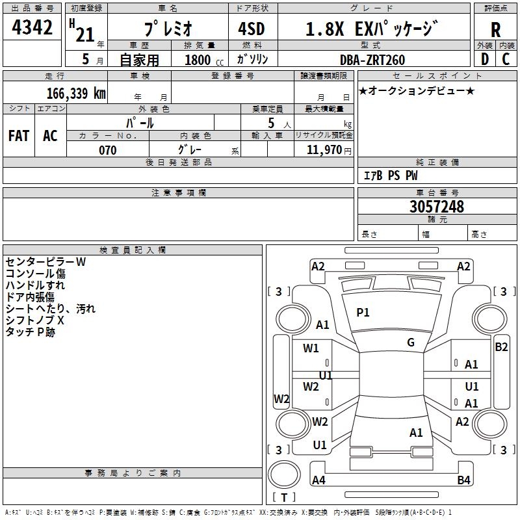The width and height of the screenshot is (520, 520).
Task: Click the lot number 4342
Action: point(32,27)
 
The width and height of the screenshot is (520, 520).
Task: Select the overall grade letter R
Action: point(495,30)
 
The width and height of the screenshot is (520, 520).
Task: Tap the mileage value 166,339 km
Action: point(76,93)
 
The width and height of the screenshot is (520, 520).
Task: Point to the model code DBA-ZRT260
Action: point(372,60)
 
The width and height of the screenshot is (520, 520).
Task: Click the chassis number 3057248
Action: point(437,207)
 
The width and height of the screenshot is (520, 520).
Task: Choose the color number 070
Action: point(108,150)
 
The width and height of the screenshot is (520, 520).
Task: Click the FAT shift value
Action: point(19,136)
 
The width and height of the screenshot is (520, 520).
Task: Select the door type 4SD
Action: point(252,29)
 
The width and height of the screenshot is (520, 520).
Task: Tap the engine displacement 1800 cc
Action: point(204,60)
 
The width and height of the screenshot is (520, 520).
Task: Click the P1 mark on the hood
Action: point(363,312)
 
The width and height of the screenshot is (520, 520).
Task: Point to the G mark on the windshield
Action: point(411,343)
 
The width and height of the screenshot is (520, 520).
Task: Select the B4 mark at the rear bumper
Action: point(463,480)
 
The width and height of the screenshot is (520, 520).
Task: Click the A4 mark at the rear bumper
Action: point(318,480)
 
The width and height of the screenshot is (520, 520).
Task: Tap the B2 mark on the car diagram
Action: point(501,347)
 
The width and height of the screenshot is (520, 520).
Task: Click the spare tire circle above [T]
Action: point(284,474)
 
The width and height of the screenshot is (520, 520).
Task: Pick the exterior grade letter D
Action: point(485,59)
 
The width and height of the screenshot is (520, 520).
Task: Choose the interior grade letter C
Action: point(506,59)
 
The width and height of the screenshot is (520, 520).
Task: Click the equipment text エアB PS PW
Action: point(391,175)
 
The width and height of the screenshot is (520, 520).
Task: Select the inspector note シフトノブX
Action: point(34,320)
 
